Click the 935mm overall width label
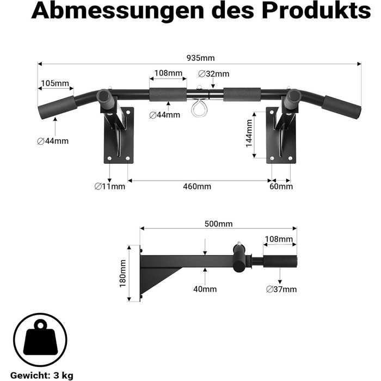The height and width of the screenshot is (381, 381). (x=200, y=58)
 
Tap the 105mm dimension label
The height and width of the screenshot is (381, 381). (x=55, y=83)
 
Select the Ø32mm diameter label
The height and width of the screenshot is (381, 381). (x=213, y=73)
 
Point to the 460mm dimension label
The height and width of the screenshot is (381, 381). (x=197, y=186)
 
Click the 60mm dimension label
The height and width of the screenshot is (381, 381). (x=281, y=186)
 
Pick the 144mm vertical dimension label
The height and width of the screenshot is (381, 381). (x=249, y=133)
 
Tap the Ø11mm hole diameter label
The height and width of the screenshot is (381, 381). (x=110, y=186)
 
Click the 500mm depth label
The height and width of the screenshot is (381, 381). (x=218, y=224)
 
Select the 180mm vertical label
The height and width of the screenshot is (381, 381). (x=122, y=273)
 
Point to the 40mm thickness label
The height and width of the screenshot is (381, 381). (x=205, y=289)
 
